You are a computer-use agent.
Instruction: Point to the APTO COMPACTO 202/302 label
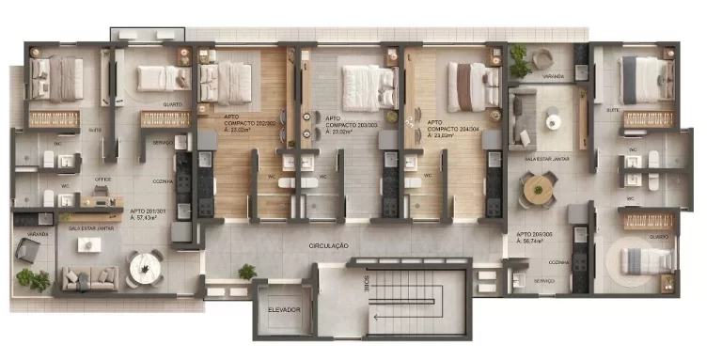[x=248, y=124]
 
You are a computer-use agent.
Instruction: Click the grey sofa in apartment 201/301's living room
[x=90, y=277]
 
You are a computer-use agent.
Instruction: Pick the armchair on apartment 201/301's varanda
[x=27, y=249]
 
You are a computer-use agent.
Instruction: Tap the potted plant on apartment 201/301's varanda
[x=37, y=279]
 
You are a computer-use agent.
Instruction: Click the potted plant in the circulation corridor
[x=246, y=272]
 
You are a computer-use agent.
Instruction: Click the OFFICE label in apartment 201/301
[x=102, y=180]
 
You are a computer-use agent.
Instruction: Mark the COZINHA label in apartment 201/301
[x=164, y=181]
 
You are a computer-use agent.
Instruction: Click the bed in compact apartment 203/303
[x=363, y=86]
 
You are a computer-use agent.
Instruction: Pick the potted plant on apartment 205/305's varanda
[x=518, y=61]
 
